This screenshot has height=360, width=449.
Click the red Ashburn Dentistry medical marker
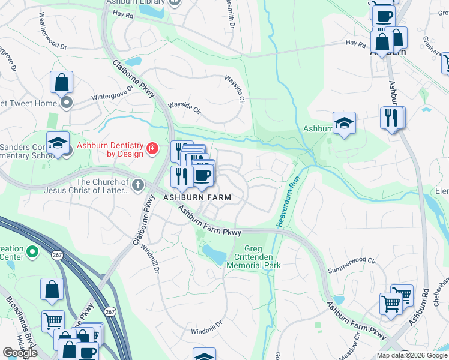click(152, 148)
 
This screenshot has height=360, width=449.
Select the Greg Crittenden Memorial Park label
click(254, 257)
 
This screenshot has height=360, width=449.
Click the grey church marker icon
click(138, 185)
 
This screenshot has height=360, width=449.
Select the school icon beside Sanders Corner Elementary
click(58, 143)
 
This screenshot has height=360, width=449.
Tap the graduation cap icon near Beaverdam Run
click(344, 123)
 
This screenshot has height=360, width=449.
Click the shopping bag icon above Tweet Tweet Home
click(61, 82)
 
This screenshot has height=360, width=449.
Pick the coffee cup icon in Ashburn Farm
click(202, 175)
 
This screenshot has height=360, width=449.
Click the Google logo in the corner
click(20, 353)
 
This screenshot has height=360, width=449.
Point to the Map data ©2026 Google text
click(411, 355)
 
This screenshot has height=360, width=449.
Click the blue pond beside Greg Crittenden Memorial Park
click(214, 254)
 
